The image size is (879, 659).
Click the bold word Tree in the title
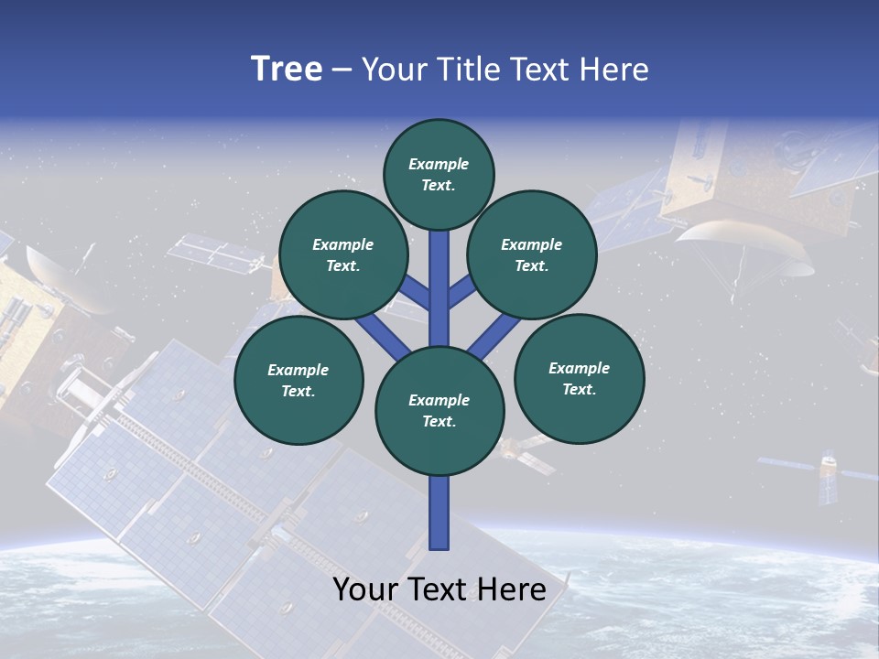pyautogui.click(x=287, y=69)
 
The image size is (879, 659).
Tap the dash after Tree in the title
pyautogui.click(x=342, y=70)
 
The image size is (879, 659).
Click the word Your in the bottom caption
pyautogui.click(x=365, y=589)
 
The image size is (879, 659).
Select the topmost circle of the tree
pyautogui.click(x=439, y=174)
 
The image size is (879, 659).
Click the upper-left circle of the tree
pyautogui.click(x=342, y=255)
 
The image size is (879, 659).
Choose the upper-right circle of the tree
pyautogui.click(x=532, y=255)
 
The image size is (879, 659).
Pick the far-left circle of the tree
pyautogui.click(x=298, y=381)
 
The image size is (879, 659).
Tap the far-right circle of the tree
pyautogui.click(x=579, y=379)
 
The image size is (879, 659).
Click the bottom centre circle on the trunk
pyautogui.click(x=439, y=411)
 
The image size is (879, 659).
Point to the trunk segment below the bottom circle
pyautogui.click(x=439, y=513)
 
